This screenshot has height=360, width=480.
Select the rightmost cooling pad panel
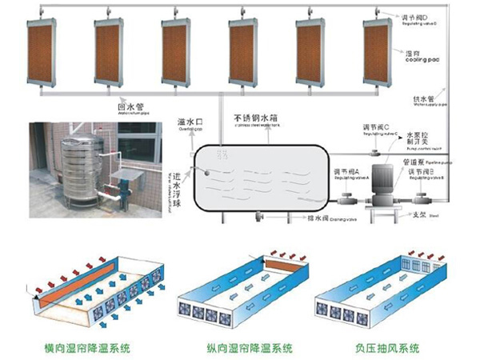click(381, 55)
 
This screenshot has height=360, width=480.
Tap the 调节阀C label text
click(377, 129)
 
